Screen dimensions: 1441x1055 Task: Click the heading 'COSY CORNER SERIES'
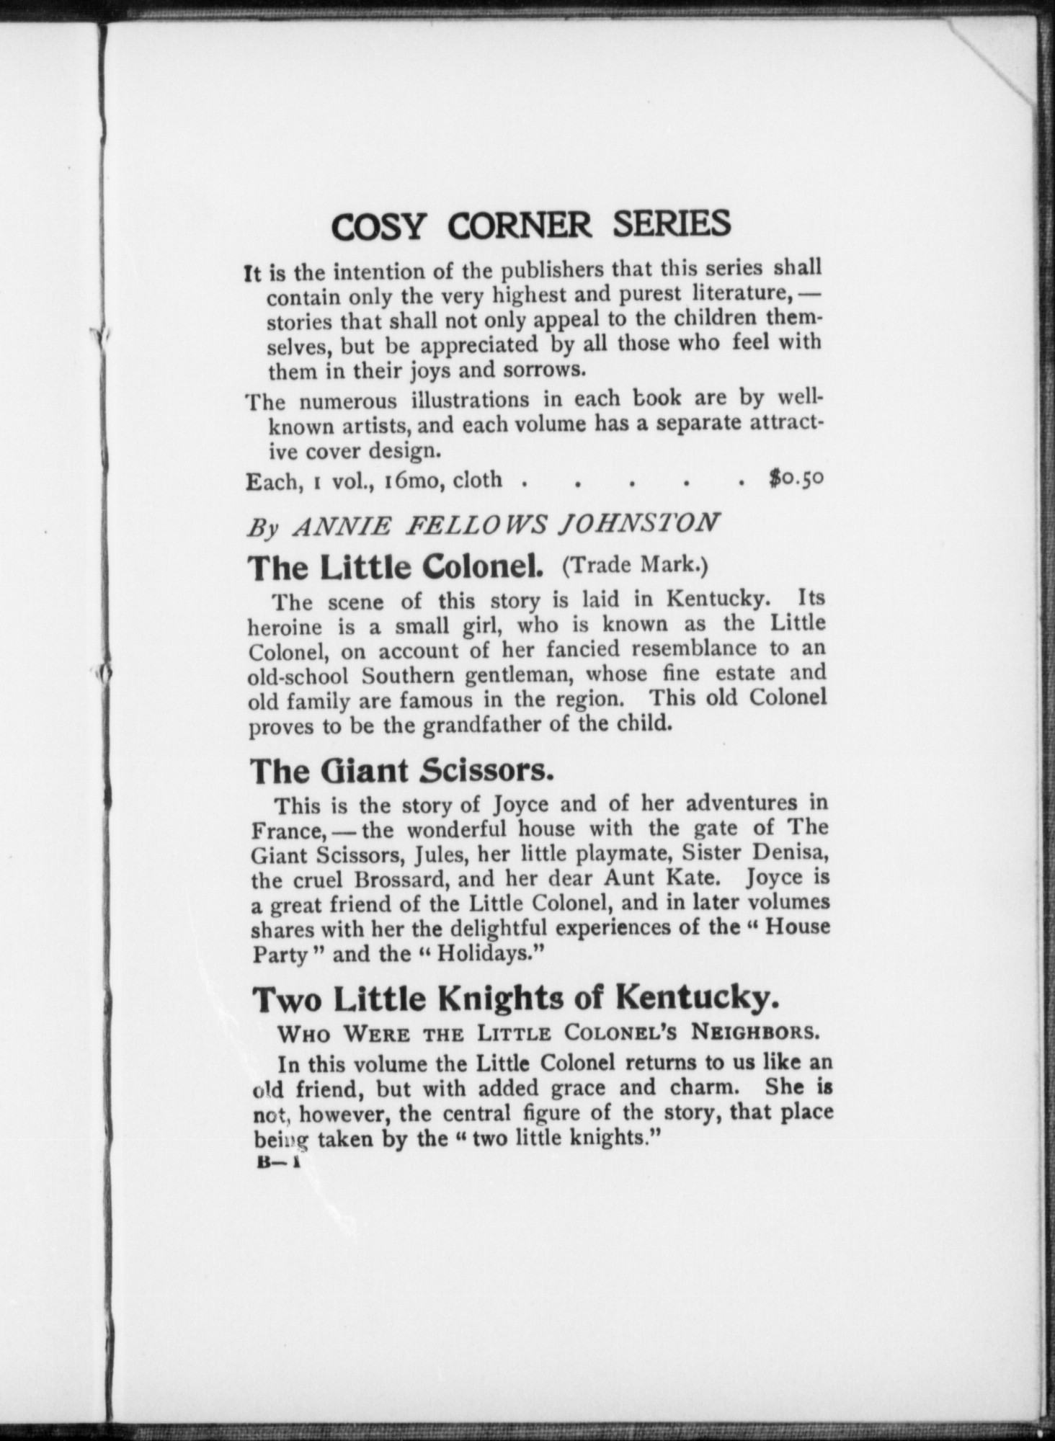click(x=531, y=225)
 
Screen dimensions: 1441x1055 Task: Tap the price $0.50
click(x=795, y=478)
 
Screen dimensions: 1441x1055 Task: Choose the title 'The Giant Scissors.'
click(x=402, y=771)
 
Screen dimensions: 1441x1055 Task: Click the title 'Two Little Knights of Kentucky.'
click(x=515, y=999)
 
